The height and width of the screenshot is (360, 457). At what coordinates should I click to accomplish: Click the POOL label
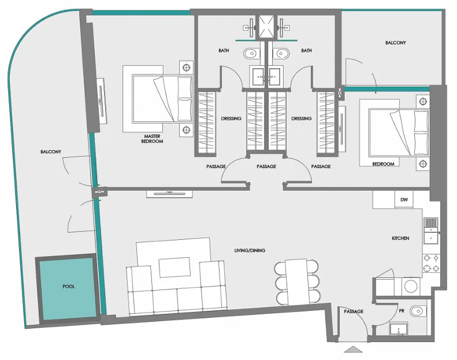(69, 287)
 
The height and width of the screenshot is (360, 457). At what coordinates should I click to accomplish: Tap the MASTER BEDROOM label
(152, 139)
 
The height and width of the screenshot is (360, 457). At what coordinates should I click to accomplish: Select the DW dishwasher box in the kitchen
(404, 200)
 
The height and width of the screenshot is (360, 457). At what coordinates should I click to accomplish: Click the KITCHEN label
(400, 238)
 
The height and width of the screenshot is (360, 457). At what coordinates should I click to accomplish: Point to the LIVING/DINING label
(250, 250)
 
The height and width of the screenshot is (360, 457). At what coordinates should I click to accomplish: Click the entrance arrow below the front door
(353, 349)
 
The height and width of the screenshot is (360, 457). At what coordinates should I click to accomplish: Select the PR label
(402, 311)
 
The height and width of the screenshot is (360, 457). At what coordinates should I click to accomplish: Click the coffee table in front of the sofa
(174, 268)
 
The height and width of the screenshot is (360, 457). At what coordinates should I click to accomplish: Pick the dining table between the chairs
(296, 282)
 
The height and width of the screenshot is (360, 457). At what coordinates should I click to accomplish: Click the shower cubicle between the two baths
(267, 27)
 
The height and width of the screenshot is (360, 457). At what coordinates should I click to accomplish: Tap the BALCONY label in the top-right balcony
(396, 43)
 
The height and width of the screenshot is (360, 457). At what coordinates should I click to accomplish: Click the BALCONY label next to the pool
(51, 152)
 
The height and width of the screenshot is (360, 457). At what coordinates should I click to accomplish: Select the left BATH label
(224, 51)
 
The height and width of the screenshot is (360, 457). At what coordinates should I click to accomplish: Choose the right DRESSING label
(302, 118)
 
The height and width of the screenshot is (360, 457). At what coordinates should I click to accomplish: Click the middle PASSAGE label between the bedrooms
(266, 166)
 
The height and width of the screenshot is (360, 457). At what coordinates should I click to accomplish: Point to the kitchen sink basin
(430, 238)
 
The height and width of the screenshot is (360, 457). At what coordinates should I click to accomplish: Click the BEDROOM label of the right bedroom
(383, 164)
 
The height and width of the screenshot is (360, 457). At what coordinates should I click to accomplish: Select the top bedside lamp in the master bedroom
(186, 68)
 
